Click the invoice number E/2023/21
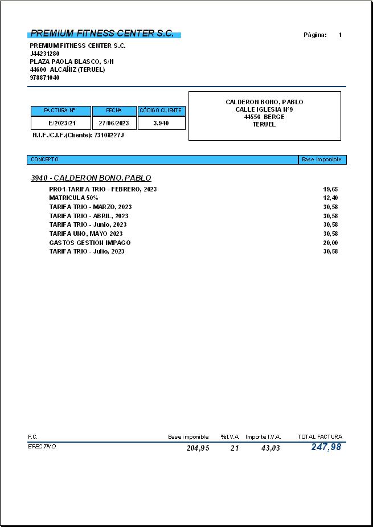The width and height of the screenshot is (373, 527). click(62, 123)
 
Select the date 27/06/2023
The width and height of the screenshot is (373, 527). click(114, 123)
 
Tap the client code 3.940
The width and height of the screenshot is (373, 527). click(161, 123)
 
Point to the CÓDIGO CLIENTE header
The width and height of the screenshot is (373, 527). click(161, 111)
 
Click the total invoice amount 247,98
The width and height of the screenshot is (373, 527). click(326, 447)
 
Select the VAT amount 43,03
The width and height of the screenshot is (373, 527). click(270, 448)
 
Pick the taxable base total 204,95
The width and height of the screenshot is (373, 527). click(198, 448)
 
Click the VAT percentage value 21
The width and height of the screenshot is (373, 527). click(235, 448)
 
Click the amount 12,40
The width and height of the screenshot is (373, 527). click(330, 198)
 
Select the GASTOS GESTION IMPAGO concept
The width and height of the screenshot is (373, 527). click(90, 243)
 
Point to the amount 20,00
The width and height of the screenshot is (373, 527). click(330, 243)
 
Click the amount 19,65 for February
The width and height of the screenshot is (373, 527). click(330, 189)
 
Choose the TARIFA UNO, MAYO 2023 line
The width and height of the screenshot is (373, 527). click(86, 234)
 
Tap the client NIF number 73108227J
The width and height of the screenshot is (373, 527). click(109, 135)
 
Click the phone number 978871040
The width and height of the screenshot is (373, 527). click(44, 77)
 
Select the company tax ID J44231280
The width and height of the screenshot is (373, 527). click(44, 54)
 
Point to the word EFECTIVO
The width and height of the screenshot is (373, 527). click(42, 447)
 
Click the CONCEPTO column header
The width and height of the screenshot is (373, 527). click(44, 160)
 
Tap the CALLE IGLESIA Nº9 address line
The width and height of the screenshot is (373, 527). click(264, 109)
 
